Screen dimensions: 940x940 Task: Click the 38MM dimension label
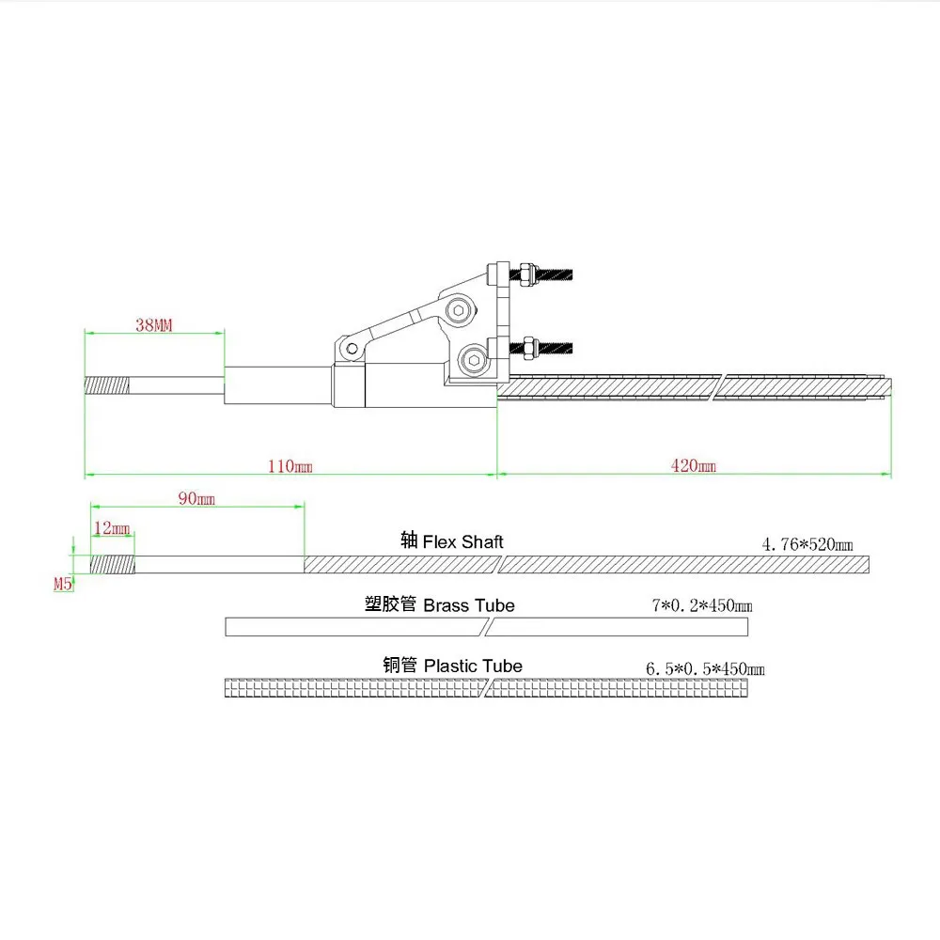153,325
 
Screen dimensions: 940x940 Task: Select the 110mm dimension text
290,466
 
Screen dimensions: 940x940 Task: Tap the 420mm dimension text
694,466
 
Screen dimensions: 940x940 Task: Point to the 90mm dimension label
196,499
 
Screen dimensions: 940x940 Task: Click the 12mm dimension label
112,528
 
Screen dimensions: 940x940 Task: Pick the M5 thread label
63,584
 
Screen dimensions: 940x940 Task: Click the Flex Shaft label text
462,542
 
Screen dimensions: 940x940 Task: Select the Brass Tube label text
469,605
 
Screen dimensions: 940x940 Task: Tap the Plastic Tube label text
473,666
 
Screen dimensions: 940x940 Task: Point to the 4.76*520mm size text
807,544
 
